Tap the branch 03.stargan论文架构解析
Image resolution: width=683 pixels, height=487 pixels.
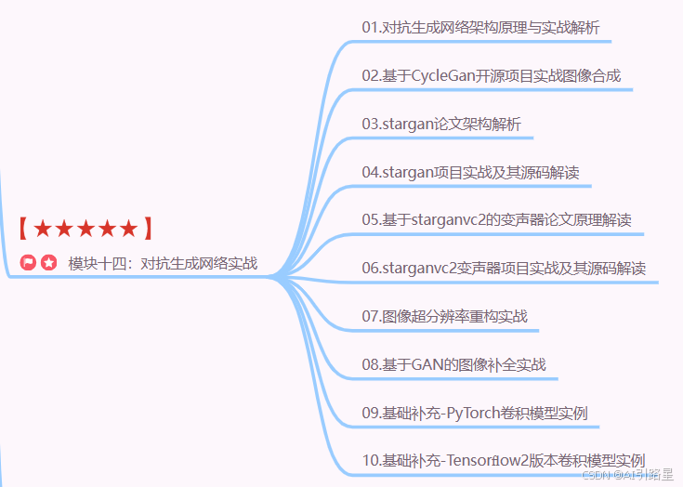[x=441, y=124]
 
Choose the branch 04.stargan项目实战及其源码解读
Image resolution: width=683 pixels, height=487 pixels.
[x=471, y=172]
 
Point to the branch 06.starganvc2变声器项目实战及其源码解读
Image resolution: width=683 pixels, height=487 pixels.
[x=504, y=269]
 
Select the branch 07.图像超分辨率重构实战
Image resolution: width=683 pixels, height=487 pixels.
[x=444, y=316]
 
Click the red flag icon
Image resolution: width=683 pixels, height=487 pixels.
[x=28, y=263]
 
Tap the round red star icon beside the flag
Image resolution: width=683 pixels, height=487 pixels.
[x=48, y=263]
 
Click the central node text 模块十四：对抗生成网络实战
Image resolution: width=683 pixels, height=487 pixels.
[x=163, y=264]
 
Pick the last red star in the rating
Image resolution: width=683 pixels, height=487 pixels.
[x=128, y=229]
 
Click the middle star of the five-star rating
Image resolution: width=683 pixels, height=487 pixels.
[x=85, y=229]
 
